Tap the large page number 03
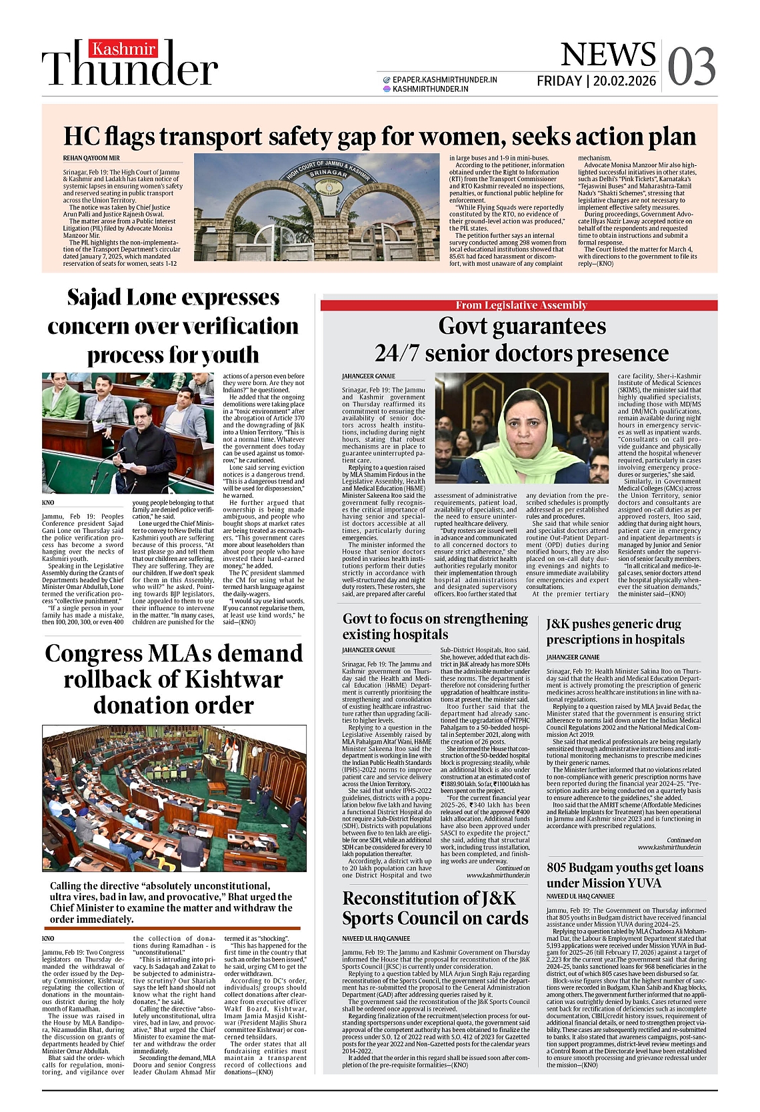[x=691, y=67]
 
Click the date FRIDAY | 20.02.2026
[x=596, y=81]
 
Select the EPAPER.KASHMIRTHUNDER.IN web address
[x=445, y=80]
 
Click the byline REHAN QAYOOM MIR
[x=91, y=158]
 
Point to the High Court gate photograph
[x=317, y=207]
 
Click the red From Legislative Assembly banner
[x=521, y=305]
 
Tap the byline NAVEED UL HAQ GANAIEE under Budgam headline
[x=580, y=897]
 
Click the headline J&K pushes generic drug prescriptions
[x=615, y=632]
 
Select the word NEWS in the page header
[x=607, y=55]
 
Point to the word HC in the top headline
[x=81, y=137]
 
